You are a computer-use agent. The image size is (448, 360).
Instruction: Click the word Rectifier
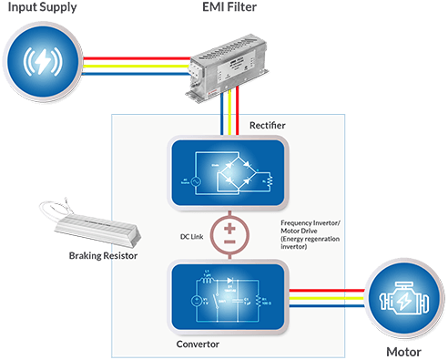click(270, 123)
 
